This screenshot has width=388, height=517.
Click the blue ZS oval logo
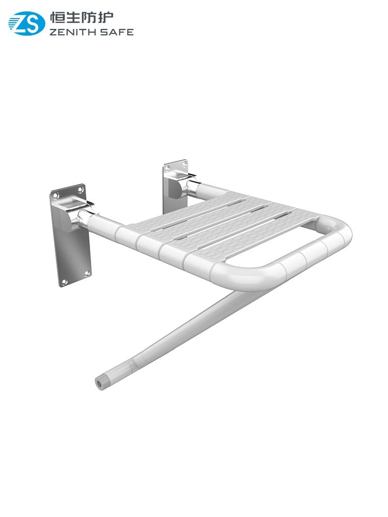pyautogui.click(x=26, y=23)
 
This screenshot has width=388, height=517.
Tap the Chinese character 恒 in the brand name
pyautogui.click(x=57, y=17)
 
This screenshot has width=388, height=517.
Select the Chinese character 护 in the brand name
pyautogui.click(x=106, y=17)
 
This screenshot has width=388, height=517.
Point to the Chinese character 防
pyautogui.click(x=89, y=17)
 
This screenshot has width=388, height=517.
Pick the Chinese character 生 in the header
pyautogui.click(x=73, y=17)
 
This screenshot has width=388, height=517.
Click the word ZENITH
pyautogui.click(x=72, y=32)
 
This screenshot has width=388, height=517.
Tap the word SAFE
pyautogui.click(x=117, y=32)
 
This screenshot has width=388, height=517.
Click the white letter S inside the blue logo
pyautogui.click(x=33, y=23)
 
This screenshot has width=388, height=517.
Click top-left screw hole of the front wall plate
pyautogui.click(x=56, y=196)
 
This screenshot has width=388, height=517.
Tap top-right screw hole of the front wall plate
pyautogui.click(x=80, y=190)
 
